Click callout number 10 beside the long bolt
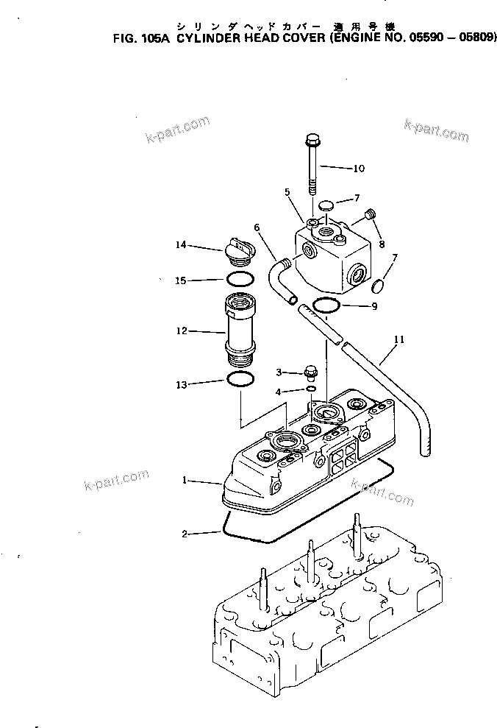pyautogui.click(x=358, y=169)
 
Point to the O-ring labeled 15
pyautogui.click(x=239, y=280)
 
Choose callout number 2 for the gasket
pyautogui.click(x=187, y=534)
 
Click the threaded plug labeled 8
pyautogui.click(x=371, y=214)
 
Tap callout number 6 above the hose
pyautogui.click(x=257, y=228)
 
